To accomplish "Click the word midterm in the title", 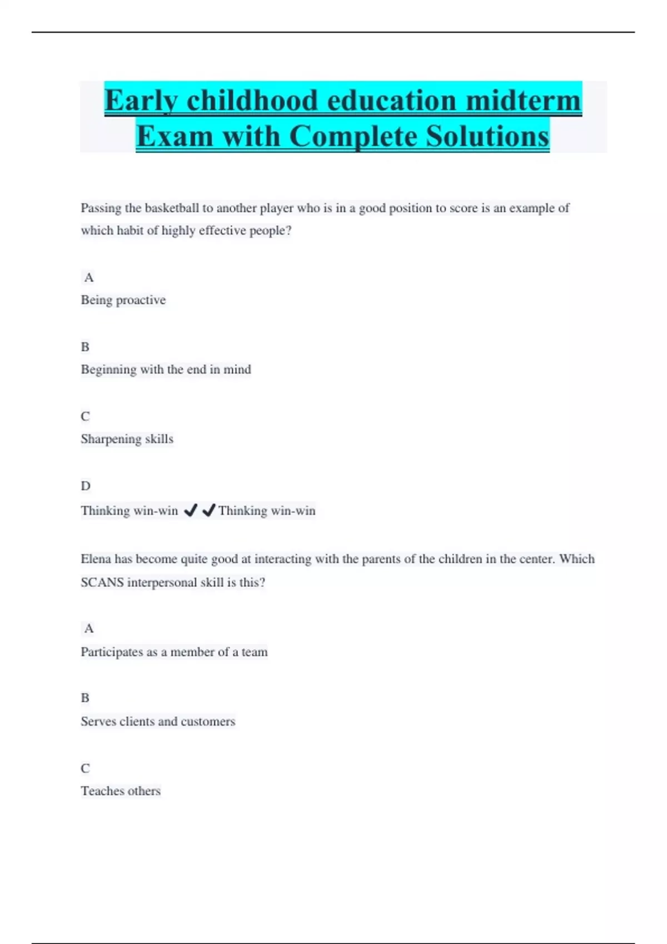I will (523, 101).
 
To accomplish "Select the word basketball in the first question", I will (172, 208).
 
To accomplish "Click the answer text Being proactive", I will (123, 300).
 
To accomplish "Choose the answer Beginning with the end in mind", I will (166, 369).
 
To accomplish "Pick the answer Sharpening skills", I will (127, 439).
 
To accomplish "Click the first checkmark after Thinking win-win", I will (190, 510).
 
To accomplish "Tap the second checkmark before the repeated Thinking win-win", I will (208, 510).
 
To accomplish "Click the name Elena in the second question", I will (96, 559).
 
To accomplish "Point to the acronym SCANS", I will (102, 583).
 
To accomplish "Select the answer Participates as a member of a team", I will (174, 652).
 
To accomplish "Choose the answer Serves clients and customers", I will (158, 721).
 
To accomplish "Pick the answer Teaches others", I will (121, 791).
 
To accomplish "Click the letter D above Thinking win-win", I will (85, 486).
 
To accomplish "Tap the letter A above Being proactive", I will (89, 277).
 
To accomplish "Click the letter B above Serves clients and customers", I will (85, 698).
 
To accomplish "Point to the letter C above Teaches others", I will (85, 768).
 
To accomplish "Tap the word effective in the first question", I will (222, 230).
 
